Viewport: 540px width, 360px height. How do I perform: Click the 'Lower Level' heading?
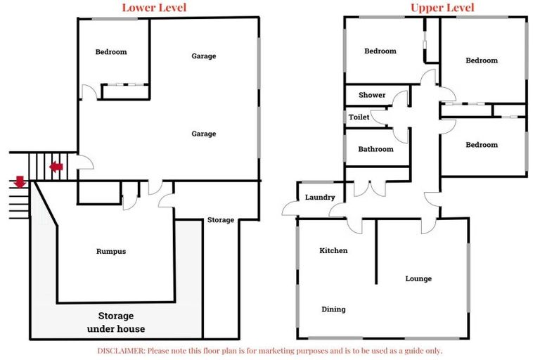point(154,8)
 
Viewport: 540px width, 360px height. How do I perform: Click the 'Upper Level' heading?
point(442,8)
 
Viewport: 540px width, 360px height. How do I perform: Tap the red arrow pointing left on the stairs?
point(56,167)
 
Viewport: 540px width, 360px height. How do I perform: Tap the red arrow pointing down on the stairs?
point(20,182)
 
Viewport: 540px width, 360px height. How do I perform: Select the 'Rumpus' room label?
point(111,252)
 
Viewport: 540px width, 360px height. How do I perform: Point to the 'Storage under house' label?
point(116,322)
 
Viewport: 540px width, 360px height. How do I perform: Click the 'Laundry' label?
point(320,197)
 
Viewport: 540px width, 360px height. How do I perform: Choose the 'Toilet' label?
point(359,117)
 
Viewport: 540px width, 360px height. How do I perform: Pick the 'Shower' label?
point(372,95)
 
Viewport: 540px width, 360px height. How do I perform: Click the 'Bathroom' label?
point(375,149)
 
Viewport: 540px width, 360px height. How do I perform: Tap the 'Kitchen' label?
point(333,250)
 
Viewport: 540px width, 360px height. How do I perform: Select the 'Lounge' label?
point(418,278)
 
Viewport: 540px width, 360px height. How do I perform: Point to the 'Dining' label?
point(333,309)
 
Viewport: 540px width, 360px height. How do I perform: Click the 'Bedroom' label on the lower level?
point(111,51)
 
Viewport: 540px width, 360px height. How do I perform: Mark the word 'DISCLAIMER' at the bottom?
point(121,351)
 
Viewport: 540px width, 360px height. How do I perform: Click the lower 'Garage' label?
point(204,134)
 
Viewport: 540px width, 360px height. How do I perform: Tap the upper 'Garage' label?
point(204,56)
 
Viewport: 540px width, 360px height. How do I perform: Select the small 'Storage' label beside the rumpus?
point(221,220)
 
